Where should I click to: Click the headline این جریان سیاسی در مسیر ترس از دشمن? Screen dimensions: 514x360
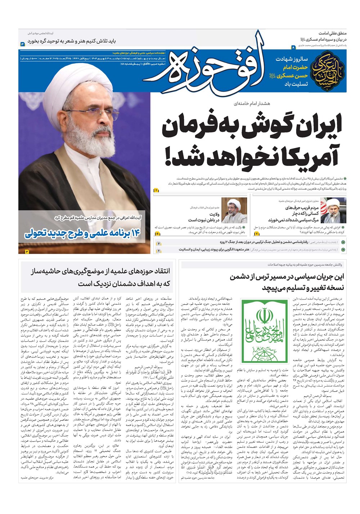point(287,277)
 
